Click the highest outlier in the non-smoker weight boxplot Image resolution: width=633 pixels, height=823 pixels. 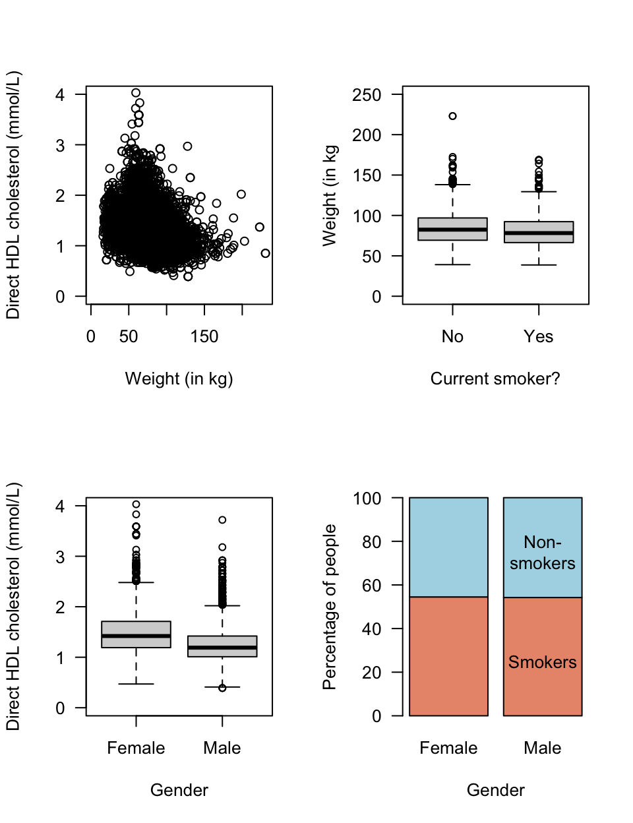pyautogui.click(x=452, y=116)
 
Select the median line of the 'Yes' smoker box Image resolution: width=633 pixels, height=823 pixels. pyautogui.click(x=539, y=233)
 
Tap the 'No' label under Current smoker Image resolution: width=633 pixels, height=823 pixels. pyautogui.click(x=452, y=336)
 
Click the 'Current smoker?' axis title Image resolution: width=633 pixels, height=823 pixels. pyautogui.click(x=495, y=379)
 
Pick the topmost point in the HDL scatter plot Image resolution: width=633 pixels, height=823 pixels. pyautogui.click(x=136, y=93)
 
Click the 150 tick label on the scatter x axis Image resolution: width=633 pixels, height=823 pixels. pyautogui.click(x=204, y=336)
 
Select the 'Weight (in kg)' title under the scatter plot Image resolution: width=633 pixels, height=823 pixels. pyautogui.click(x=179, y=379)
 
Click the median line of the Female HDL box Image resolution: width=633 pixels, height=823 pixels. pyautogui.click(x=136, y=636)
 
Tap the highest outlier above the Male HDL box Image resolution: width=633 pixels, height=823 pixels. pyautogui.click(x=222, y=520)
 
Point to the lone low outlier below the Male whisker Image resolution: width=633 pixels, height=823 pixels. pyautogui.click(x=222, y=688)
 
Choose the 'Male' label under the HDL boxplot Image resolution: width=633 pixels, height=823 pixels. pyautogui.click(x=222, y=748)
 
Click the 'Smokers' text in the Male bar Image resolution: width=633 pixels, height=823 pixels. pyautogui.click(x=542, y=662)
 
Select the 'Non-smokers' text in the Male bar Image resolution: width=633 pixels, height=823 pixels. pyautogui.click(x=542, y=553)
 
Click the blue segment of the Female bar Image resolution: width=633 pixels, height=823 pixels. pyautogui.click(x=448, y=547)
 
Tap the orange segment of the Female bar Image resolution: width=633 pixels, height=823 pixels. pyautogui.click(x=448, y=656)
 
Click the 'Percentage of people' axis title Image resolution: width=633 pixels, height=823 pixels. pyautogui.click(x=330, y=607)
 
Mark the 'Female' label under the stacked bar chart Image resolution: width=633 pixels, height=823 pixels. pyautogui.click(x=448, y=748)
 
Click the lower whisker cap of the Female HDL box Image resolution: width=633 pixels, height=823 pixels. pyautogui.click(x=136, y=684)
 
